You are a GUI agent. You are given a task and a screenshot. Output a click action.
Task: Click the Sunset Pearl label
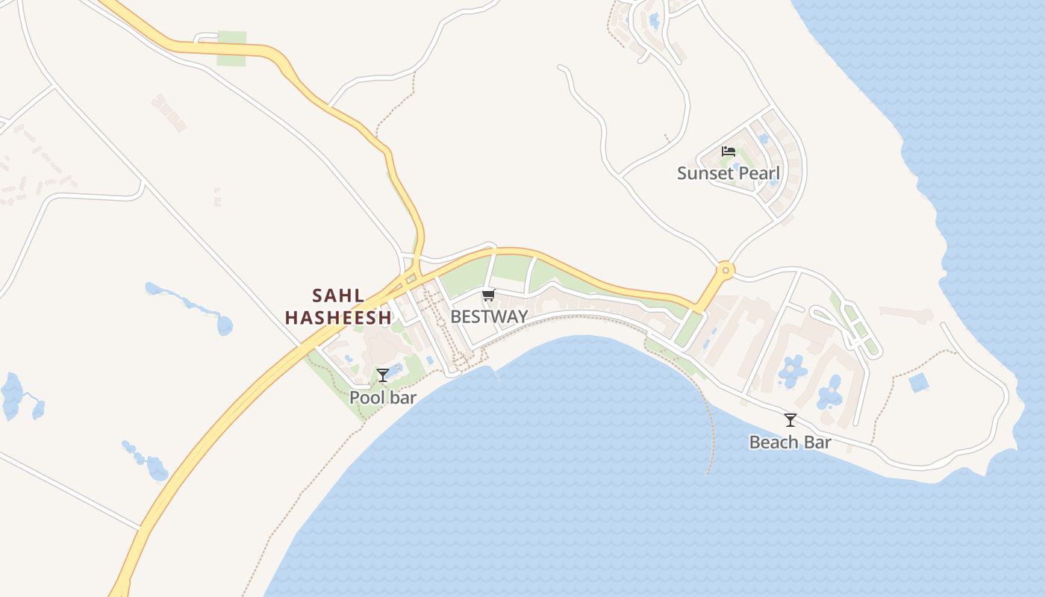(x=728, y=174)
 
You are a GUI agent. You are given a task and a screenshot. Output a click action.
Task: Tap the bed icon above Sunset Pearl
(x=729, y=151)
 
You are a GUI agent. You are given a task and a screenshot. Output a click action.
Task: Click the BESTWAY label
(x=489, y=316)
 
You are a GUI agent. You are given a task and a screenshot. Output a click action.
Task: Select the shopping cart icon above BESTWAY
(x=489, y=296)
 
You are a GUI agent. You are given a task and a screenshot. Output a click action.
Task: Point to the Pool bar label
(x=383, y=398)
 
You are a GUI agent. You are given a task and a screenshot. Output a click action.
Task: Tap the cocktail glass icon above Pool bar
(x=383, y=375)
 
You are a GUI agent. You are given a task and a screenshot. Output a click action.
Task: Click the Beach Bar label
(x=790, y=443)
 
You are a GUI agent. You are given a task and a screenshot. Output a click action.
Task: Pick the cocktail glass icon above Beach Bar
(x=790, y=420)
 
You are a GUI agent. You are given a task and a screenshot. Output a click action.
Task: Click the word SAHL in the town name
(x=338, y=296)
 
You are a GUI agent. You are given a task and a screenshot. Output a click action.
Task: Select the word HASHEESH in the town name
(x=338, y=318)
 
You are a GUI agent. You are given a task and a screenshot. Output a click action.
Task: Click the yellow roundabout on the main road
(x=724, y=269)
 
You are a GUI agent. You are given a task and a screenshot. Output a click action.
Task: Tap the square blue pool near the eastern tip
(x=919, y=383)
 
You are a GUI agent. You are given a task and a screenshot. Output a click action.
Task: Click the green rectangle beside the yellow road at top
(x=231, y=49)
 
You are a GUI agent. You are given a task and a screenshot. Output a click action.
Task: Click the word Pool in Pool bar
(x=366, y=398)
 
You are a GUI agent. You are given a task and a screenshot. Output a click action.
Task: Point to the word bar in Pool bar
(x=403, y=398)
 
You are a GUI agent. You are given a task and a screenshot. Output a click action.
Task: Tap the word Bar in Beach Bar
(x=818, y=443)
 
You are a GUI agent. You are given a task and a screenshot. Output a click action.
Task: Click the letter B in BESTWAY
(x=455, y=316)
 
